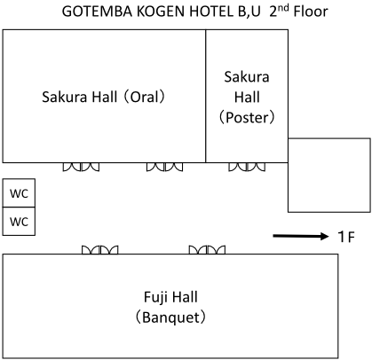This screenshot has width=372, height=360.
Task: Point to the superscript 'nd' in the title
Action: coord(283,8)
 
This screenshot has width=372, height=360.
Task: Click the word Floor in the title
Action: coord(311,12)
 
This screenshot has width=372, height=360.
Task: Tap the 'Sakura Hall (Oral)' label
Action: coord(103,97)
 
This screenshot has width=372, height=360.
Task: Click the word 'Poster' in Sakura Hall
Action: coord(247,118)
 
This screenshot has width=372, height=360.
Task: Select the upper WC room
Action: coord(19,192)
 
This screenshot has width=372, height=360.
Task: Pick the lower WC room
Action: coord(19,221)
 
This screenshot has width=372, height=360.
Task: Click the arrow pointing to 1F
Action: coord(301,236)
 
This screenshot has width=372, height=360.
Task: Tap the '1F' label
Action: coord(346,237)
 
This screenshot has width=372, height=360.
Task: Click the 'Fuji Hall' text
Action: coord(170,297)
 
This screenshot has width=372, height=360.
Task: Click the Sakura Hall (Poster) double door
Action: coord(247,167)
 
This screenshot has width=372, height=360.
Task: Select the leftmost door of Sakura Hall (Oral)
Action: coord(81,167)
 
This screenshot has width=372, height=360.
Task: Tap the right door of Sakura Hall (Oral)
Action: coord(164,167)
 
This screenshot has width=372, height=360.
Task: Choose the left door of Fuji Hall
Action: coord(99,250)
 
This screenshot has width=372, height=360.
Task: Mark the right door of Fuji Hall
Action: coord(207,250)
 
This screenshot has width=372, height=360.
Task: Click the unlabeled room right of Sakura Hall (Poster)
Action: coord(329,175)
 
